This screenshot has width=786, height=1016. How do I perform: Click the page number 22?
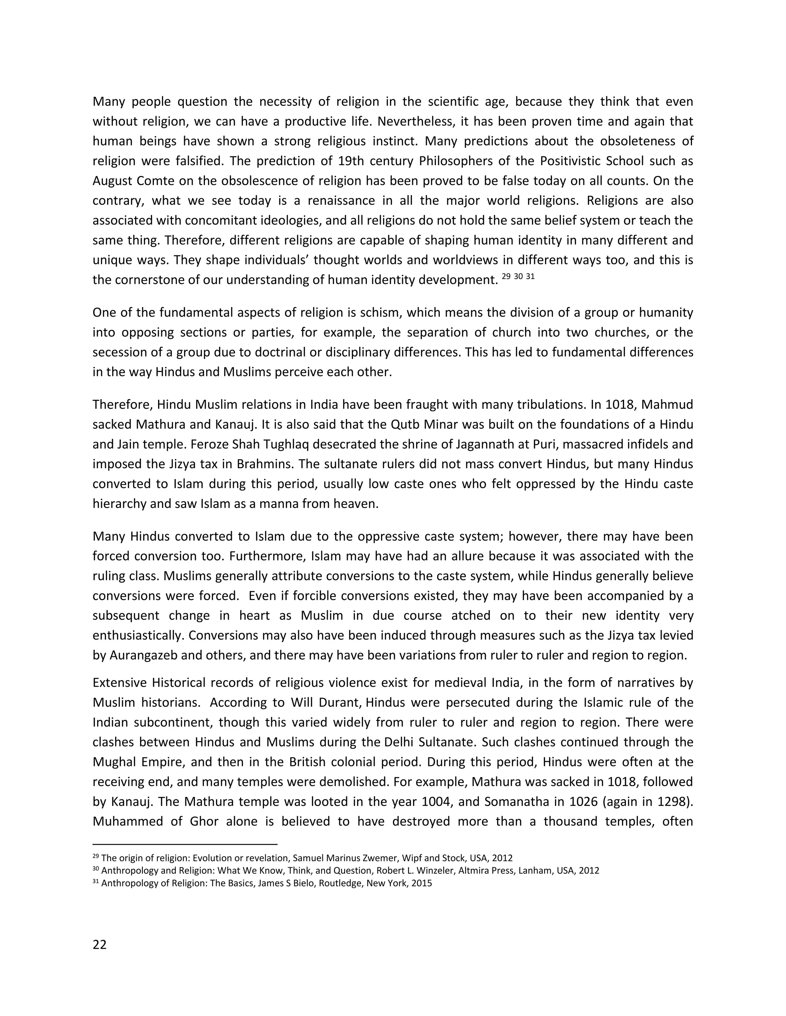[x=100, y=945]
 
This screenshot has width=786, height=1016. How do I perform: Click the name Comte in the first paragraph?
[x=154, y=181]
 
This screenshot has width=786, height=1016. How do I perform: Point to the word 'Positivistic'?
[x=570, y=161]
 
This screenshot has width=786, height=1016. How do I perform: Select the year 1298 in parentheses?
[x=672, y=802]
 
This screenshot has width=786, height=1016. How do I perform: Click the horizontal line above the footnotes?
[x=185, y=844]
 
